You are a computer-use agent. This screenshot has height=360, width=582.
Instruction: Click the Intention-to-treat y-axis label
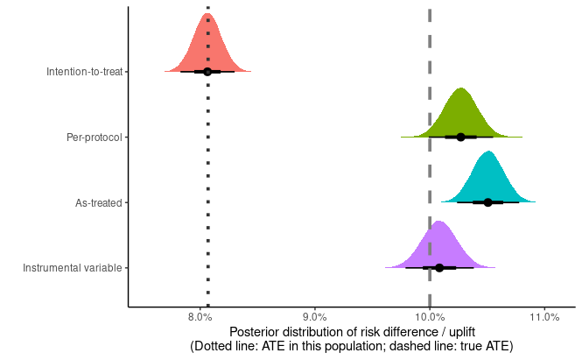[84, 72]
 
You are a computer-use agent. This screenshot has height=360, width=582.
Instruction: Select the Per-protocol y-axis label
[95, 138]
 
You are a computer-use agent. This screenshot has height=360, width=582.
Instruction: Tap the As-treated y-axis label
[98, 202]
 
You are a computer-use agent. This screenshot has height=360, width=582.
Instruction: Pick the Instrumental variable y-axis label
[73, 268]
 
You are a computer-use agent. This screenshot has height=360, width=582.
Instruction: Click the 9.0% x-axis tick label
[314, 316]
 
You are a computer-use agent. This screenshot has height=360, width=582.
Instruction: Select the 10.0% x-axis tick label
[429, 316]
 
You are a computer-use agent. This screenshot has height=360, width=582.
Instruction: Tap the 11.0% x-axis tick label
[544, 316]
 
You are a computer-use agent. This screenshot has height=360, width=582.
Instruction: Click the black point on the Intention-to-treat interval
[207, 71]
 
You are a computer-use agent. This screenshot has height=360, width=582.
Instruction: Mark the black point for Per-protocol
[461, 137]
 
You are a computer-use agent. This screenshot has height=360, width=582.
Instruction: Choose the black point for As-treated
[488, 202]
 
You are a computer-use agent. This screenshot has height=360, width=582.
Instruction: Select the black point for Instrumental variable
[439, 267]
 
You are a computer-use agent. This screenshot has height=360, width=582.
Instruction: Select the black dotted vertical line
[207, 175]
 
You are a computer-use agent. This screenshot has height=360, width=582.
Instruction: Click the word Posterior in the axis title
[257, 332]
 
